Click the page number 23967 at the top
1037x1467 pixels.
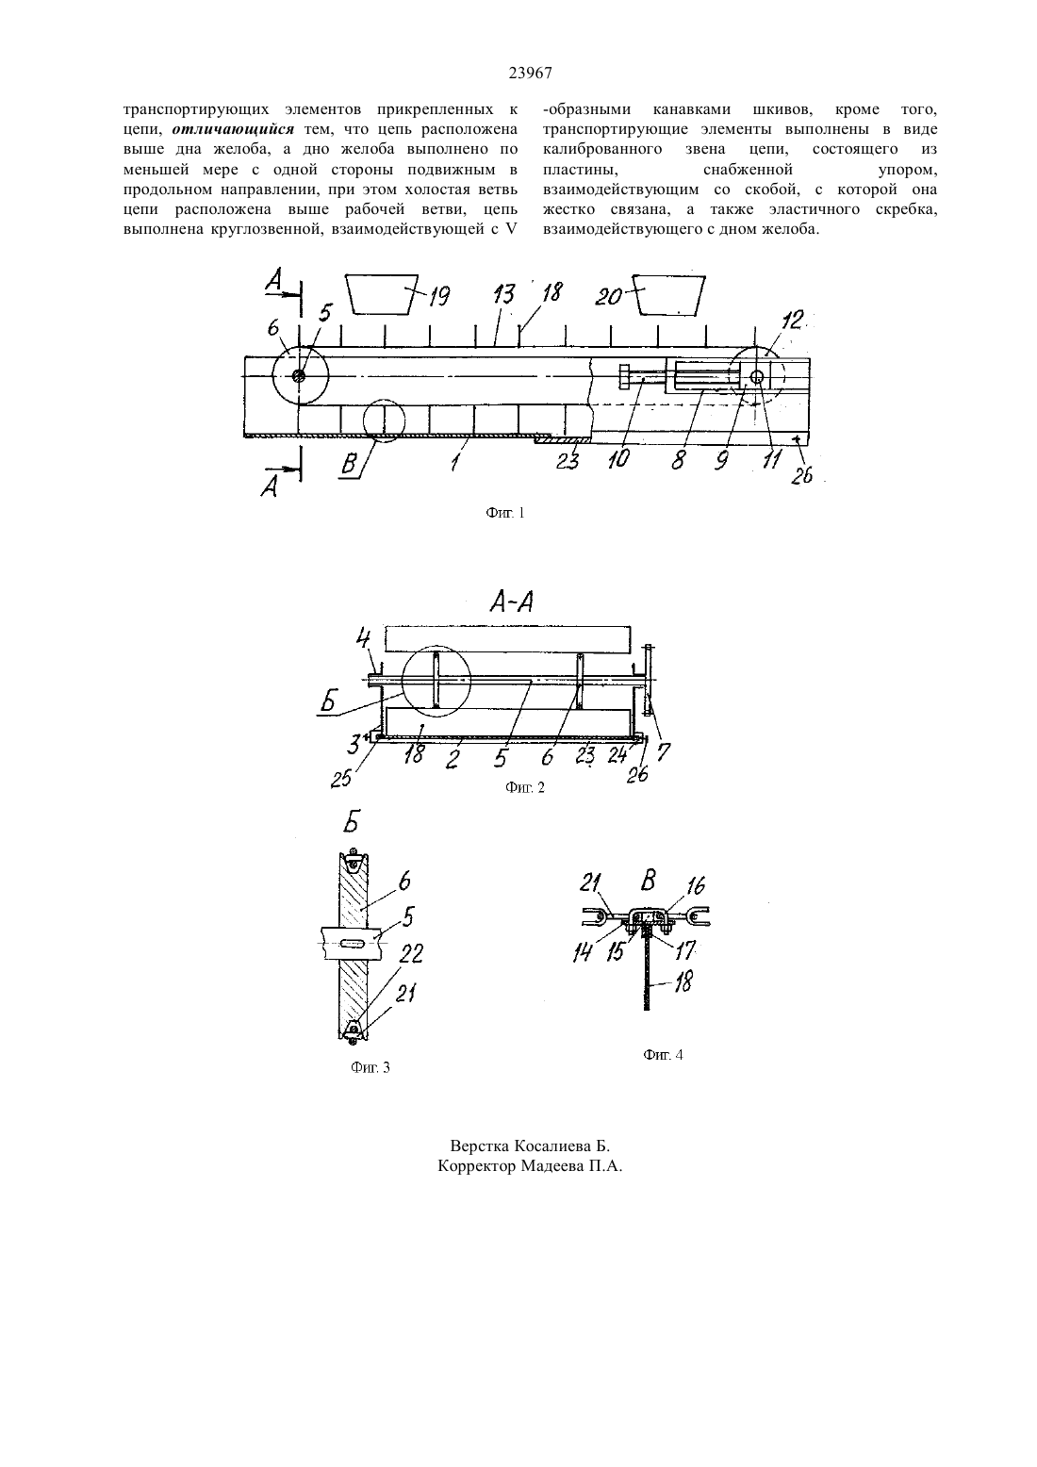click(530, 74)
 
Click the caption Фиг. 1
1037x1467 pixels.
click(504, 514)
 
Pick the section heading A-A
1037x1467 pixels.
click(511, 602)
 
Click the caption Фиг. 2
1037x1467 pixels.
click(524, 788)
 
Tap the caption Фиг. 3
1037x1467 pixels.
click(370, 1068)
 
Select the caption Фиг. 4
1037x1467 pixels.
click(663, 1055)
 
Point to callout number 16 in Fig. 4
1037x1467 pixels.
click(696, 886)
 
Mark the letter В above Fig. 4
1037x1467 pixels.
click(649, 881)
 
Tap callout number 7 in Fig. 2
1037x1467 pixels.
click(663, 751)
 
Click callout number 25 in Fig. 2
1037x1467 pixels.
click(341, 778)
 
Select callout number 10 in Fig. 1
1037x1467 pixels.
click(618, 458)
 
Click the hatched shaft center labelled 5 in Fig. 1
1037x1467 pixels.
click(299, 376)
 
